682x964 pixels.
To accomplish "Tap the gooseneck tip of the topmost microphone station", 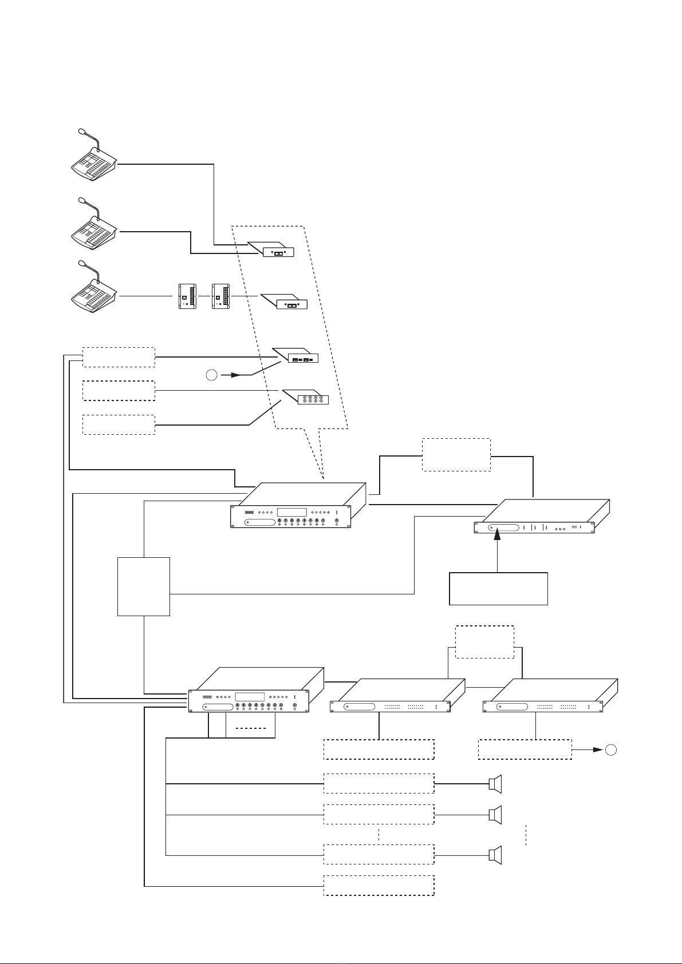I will (x=80, y=133).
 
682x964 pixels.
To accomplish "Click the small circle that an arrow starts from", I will (x=212, y=376).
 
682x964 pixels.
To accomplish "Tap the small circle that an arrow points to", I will (x=612, y=749).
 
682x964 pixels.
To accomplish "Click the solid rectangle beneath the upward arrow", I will (x=498, y=588).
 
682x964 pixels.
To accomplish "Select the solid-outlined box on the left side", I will (x=143, y=586).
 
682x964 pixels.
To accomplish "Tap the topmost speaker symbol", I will (x=495, y=783).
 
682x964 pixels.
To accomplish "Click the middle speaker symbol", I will (x=495, y=814).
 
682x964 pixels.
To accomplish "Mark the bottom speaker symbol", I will (x=495, y=855).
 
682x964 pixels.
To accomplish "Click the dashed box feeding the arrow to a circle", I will (x=525, y=749).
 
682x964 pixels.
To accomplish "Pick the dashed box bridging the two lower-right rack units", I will (x=484, y=642).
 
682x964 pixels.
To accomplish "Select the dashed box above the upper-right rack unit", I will (x=456, y=455).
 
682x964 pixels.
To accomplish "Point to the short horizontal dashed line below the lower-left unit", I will (x=251, y=728).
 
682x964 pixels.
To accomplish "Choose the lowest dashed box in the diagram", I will (x=379, y=885).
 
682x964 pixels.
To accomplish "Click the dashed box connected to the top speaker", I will (x=379, y=783).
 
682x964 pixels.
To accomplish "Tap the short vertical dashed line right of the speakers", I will (x=526, y=835).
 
